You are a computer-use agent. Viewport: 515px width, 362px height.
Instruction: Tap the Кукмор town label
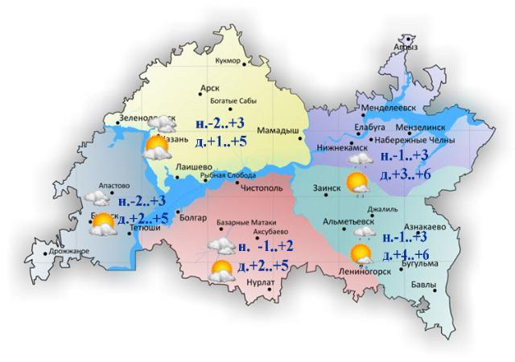(x=229, y=61)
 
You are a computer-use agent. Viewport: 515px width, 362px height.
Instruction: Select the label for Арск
(x=209, y=89)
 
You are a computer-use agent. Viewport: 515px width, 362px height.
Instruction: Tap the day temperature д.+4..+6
(x=409, y=255)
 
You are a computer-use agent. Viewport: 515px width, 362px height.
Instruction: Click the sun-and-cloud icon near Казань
(x=154, y=146)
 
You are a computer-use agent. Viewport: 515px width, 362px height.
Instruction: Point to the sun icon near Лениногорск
(x=361, y=257)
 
